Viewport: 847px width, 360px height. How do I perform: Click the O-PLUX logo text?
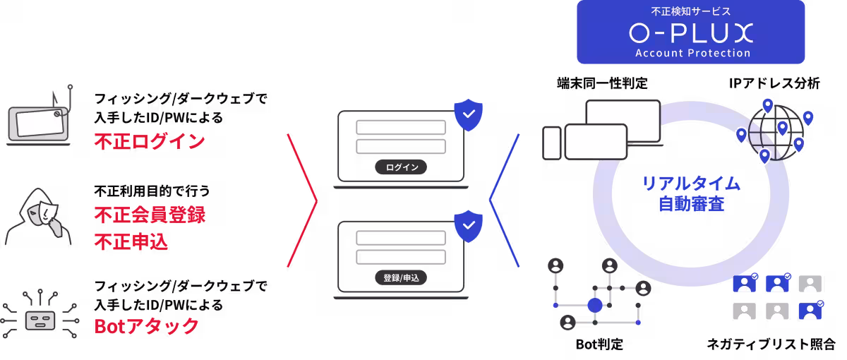[691, 32]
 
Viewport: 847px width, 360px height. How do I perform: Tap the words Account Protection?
[692, 53]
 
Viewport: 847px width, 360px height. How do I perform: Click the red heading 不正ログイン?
[150, 141]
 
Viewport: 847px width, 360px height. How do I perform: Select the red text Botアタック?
[146, 325]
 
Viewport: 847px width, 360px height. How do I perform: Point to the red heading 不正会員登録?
[150, 215]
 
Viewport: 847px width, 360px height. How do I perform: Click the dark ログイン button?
[401, 167]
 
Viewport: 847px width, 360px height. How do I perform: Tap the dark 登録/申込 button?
[401, 278]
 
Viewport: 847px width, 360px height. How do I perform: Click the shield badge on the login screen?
[469, 115]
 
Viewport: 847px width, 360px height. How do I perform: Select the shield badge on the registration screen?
[469, 226]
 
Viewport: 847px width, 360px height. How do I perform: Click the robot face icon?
[40, 320]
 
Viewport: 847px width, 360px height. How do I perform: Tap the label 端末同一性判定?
[602, 83]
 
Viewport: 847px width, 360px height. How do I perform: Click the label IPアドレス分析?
[774, 83]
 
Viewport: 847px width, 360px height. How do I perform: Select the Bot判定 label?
[599, 344]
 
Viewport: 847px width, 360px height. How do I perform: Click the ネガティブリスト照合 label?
[771, 344]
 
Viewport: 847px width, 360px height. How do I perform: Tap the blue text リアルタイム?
[691, 184]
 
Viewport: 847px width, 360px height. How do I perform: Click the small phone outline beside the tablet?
[552, 143]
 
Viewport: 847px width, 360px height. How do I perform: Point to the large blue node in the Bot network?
[595, 305]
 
